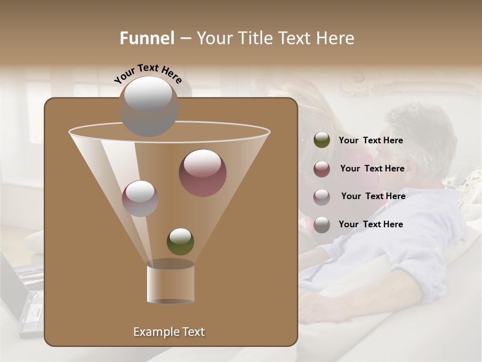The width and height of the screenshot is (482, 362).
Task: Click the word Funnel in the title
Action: click(x=147, y=38)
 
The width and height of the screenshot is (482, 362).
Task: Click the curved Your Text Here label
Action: click(x=148, y=73)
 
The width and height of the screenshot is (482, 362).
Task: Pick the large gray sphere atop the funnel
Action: click(x=148, y=106)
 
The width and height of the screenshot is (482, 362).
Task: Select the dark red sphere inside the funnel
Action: click(x=202, y=172)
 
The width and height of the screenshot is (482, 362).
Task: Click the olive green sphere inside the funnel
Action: click(x=180, y=241)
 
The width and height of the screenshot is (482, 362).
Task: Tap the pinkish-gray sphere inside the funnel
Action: click(x=140, y=198)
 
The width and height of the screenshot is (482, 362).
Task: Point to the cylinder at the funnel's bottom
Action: click(x=170, y=283)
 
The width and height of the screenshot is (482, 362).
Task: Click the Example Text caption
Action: click(x=169, y=332)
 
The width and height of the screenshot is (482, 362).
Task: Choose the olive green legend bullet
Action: click(x=322, y=140)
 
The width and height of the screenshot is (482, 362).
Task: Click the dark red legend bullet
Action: click(x=322, y=168)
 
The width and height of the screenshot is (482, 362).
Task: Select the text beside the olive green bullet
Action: click(x=371, y=141)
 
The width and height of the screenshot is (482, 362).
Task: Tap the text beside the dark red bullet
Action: click(x=372, y=168)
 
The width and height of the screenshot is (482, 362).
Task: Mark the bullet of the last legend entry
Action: click(x=322, y=225)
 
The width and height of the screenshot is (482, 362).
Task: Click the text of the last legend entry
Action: click(x=371, y=224)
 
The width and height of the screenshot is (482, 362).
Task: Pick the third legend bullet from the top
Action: click(x=322, y=197)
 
